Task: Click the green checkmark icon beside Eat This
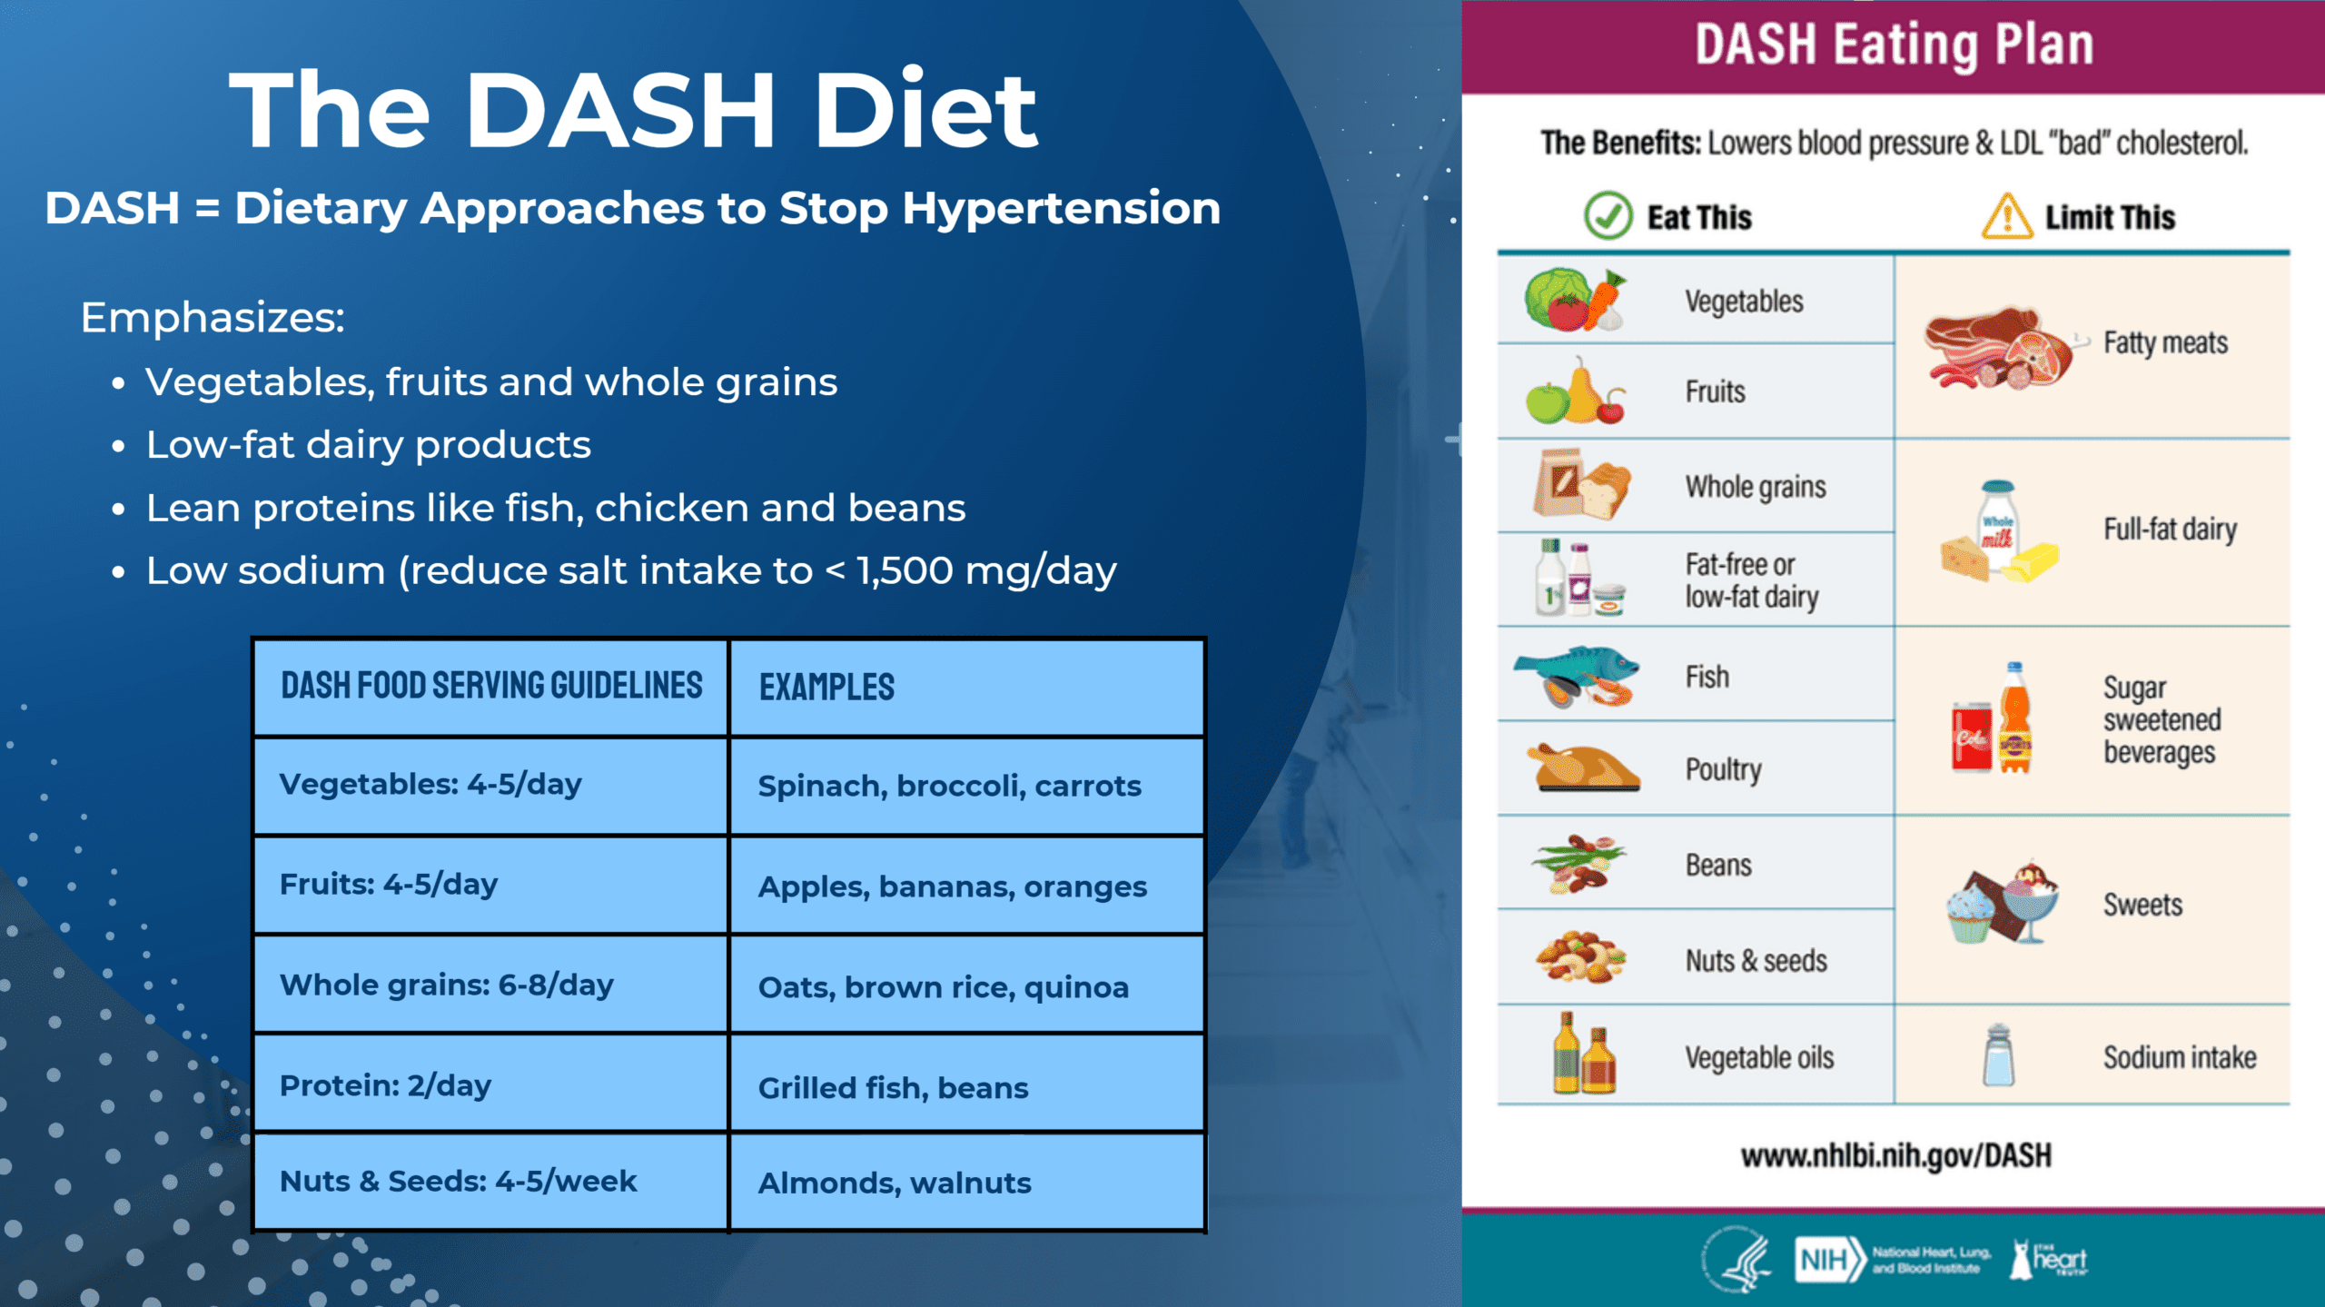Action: pos(1608,216)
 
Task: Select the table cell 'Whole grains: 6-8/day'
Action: pos(490,985)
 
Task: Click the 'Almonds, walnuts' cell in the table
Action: pos(966,1183)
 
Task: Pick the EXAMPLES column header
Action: pos(966,688)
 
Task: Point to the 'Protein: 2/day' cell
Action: pos(490,1084)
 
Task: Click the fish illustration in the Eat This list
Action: pos(1578,677)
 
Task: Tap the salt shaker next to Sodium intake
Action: pos(1998,1055)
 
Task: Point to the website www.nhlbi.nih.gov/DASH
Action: pos(1895,1155)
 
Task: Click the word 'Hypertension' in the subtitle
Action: pos(1061,208)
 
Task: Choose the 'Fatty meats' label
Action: pos(2165,343)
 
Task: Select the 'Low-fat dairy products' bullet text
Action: pos(368,445)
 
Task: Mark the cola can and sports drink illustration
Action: pos(1993,719)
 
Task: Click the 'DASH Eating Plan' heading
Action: pos(1895,45)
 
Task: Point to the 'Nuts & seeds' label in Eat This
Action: pos(1756,961)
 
